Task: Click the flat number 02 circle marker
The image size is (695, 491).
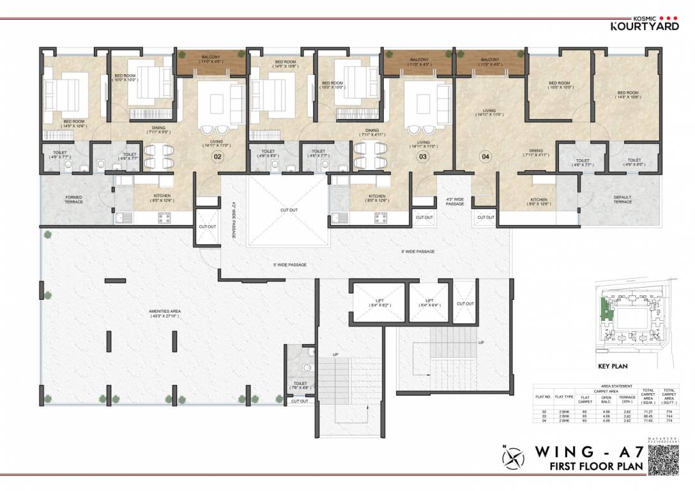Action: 217,155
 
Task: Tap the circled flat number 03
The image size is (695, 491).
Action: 422,155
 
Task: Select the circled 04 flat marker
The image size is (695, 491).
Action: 485,155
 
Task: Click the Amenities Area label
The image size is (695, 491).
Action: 165,313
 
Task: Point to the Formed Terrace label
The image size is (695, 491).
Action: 73,199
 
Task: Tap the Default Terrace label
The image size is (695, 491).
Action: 622,199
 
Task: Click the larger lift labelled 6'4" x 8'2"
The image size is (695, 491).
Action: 378,303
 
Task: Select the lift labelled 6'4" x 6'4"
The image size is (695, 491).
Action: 429,303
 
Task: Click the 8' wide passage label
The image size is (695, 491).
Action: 418,251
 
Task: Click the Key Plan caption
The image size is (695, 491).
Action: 613,367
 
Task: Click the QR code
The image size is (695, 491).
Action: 666,460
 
